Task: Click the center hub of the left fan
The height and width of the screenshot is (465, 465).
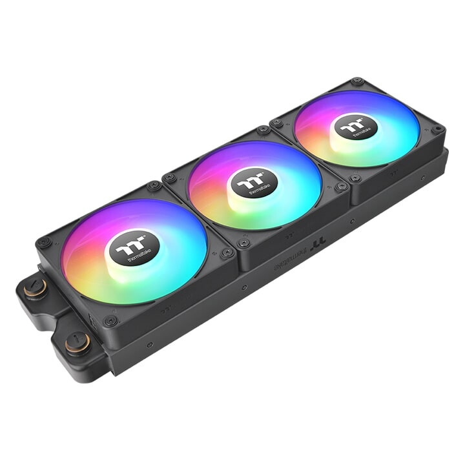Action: [x=134, y=249]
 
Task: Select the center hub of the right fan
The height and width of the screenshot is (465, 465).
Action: [x=356, y=127]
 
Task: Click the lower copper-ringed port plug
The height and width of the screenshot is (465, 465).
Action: [x=77, y=340]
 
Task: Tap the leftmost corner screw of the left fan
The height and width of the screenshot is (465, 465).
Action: [x=44, y=243]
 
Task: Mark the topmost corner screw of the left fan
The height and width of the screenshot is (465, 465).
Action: [x=154, y=186]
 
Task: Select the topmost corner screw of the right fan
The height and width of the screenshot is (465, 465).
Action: [x=356, y=82]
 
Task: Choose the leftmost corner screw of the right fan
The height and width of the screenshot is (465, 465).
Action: [x=277, y=121]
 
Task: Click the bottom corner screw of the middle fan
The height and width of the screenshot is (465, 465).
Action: [x=243, y=243]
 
